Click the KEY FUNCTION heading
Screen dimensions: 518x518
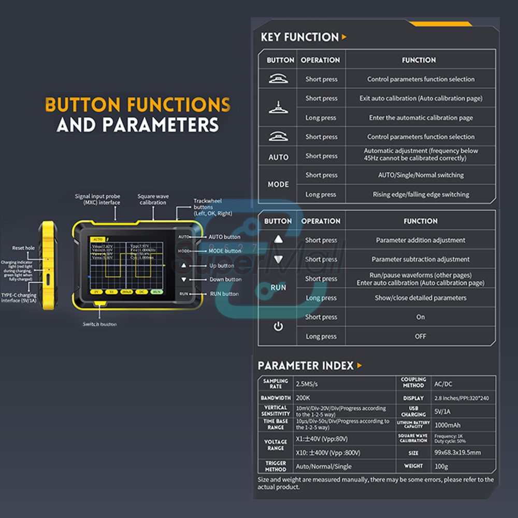pyautogui.click(x=299, y=37)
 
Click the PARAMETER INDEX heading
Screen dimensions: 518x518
pyautogui.click(x=306, y=366)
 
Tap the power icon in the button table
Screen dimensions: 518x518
pyautogui.click(x=278, y=327)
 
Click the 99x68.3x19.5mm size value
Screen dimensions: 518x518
pyautogui.click(x=458, y=452)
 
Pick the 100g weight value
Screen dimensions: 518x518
pyautogui.click(x=441, y=466)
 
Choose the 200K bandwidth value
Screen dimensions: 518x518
pyautogui.click(x=303, y=398)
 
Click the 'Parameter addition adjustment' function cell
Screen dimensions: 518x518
pyautogui.click(x=421, y=240)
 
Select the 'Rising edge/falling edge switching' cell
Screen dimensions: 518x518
pyautogui.click(x=421, y=195)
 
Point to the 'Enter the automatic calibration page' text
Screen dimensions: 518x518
pyautogui.click(x=421, y=118)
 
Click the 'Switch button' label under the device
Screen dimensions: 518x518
pyautogui.click(x=99, y=324)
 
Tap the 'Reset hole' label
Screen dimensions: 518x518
pyautogui.click(x=23, y=248)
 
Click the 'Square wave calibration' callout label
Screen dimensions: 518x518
pyautogui.click(x=152, y=199)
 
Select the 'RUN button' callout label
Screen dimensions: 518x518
pyautogui.click(x=224, y=294)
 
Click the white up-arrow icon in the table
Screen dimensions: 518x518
pyautogui.click(x=279, y=240)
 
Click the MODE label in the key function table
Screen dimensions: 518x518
pyautogui.click(x=278, y=184)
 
